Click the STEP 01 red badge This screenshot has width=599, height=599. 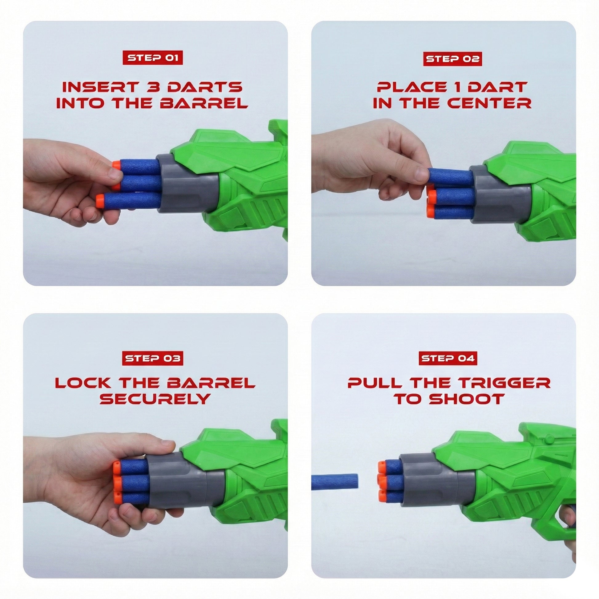pos(153,58)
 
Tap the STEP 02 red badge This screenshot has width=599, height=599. pos(452,58)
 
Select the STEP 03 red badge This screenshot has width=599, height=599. pos(153,358)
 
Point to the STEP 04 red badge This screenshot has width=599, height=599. pos(448,358)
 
